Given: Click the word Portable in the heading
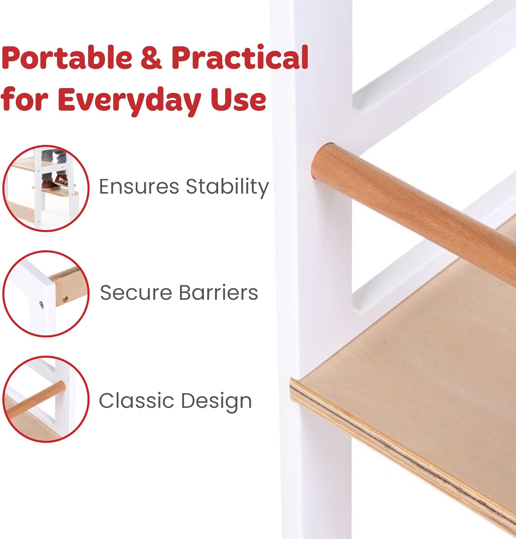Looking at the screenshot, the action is tap(67, 57).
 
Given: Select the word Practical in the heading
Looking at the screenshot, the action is tap(240, 57).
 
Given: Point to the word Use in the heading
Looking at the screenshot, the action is tap(238, 100).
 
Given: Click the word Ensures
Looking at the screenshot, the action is tap(139, 187).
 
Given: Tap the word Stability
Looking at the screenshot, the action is tap(227, 187).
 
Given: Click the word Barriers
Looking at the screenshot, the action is tap(218, 292).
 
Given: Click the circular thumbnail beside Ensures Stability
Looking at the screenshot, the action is tap(46, 189).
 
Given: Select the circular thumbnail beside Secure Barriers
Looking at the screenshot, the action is tap(46, 294).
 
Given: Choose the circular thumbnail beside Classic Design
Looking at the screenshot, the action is tap(46, 399).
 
